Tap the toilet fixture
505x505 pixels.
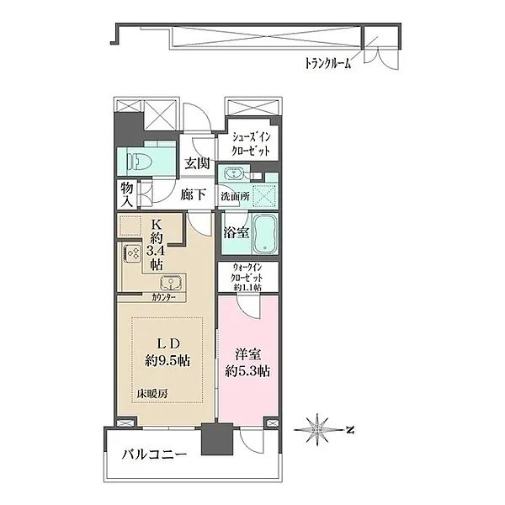[140, 160]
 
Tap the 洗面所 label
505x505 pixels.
[235, 196]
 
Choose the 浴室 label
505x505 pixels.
[235, 234]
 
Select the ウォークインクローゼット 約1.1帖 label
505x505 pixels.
[247, 277]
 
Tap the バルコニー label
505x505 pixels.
[151, 456]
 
